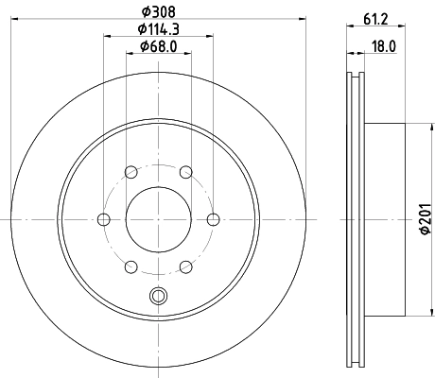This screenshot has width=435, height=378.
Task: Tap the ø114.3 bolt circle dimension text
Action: tap(158, 28)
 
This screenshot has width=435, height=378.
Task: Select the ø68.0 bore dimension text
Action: tap(158, 47)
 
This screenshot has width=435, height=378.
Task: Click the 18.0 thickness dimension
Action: tap(382, 47)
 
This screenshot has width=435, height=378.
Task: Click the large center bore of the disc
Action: tap(158, 218)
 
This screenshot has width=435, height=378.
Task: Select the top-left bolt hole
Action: tap(130, 172)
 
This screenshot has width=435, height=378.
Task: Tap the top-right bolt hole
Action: tap(185, 172)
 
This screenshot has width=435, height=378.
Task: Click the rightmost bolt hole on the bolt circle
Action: tap(212, 218)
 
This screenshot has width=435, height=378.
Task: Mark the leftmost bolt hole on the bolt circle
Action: tap(103, 218)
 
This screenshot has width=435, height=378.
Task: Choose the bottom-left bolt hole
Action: tap(130, 266)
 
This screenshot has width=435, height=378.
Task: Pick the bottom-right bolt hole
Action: tap(185, 266)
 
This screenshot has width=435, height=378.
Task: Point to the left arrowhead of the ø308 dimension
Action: tap(15, 19)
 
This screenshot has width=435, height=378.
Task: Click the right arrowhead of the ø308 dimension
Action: tap(301, 19)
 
